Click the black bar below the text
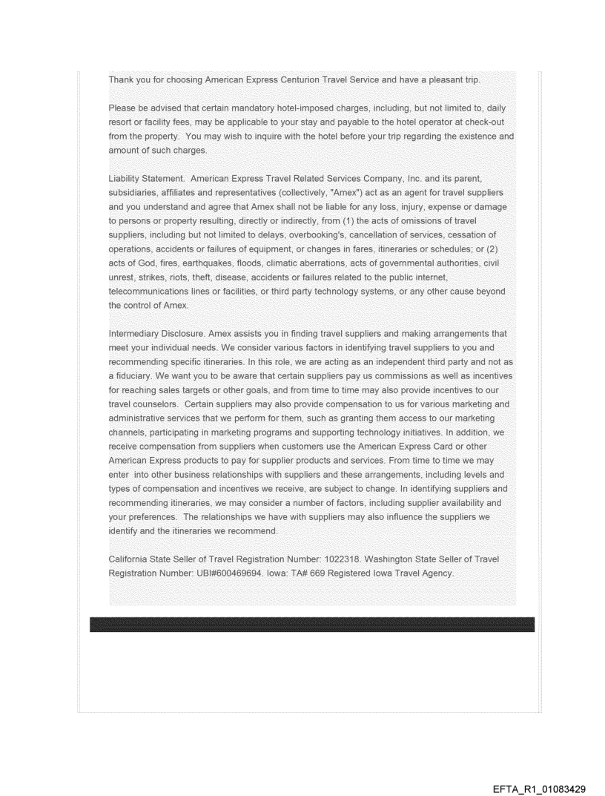311,624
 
